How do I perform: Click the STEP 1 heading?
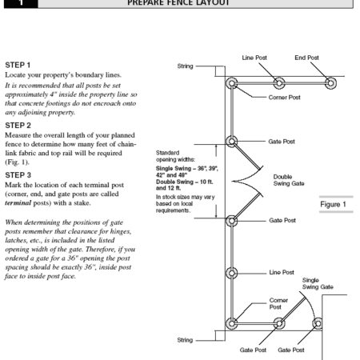point(18,63)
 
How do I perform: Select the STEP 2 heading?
point(18,125)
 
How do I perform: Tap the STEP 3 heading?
point(18,173)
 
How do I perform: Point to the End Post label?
point(306,58)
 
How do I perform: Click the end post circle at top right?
point(330,83)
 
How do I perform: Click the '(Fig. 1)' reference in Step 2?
point(18,159)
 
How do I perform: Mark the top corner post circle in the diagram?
point(232,83)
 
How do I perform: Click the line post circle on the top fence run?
point(278,83)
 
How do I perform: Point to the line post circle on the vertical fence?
point(232,273)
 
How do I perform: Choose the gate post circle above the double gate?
point(232,142)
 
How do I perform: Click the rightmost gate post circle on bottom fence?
point(317,324)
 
